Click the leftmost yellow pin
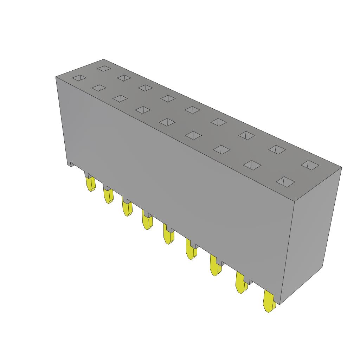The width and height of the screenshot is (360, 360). point(91,184)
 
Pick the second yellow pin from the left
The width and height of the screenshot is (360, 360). point(108,195)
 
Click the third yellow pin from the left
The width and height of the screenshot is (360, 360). point(127,208)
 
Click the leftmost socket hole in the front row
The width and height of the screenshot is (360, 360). point(79,78)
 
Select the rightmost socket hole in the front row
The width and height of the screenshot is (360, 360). point(285,181)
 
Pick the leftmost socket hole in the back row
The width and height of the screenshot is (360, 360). point(104,68)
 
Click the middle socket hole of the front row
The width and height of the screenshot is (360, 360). point(167,122)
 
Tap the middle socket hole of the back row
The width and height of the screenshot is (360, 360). point(192,110)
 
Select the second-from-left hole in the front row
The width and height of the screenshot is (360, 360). point(99,88)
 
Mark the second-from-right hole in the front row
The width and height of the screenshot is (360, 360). point(252,165)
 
